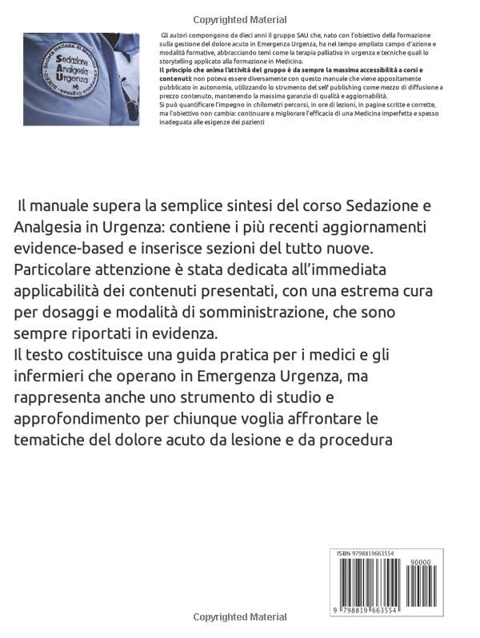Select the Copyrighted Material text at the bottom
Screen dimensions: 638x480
239,618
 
